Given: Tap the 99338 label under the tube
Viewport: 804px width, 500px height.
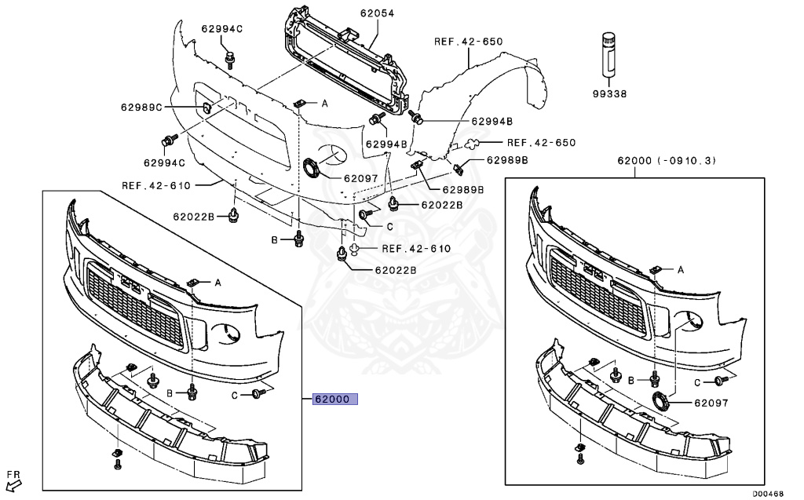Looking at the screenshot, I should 609,93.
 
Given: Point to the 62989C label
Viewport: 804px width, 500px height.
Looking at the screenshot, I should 141,108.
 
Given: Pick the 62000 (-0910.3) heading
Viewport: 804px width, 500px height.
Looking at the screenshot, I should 666,161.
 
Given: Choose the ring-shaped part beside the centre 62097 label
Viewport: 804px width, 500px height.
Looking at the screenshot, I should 313,169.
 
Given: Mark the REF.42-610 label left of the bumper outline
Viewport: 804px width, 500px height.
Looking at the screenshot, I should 156,185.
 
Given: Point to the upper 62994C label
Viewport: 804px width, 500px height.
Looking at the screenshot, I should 222,29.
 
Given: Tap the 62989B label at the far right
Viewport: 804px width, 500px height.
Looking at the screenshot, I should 506,160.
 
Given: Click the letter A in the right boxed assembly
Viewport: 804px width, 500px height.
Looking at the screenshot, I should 680,269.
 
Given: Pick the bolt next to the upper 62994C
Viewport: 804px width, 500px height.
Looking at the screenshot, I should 230,58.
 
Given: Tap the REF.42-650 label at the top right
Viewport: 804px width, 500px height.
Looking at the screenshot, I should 468,41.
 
